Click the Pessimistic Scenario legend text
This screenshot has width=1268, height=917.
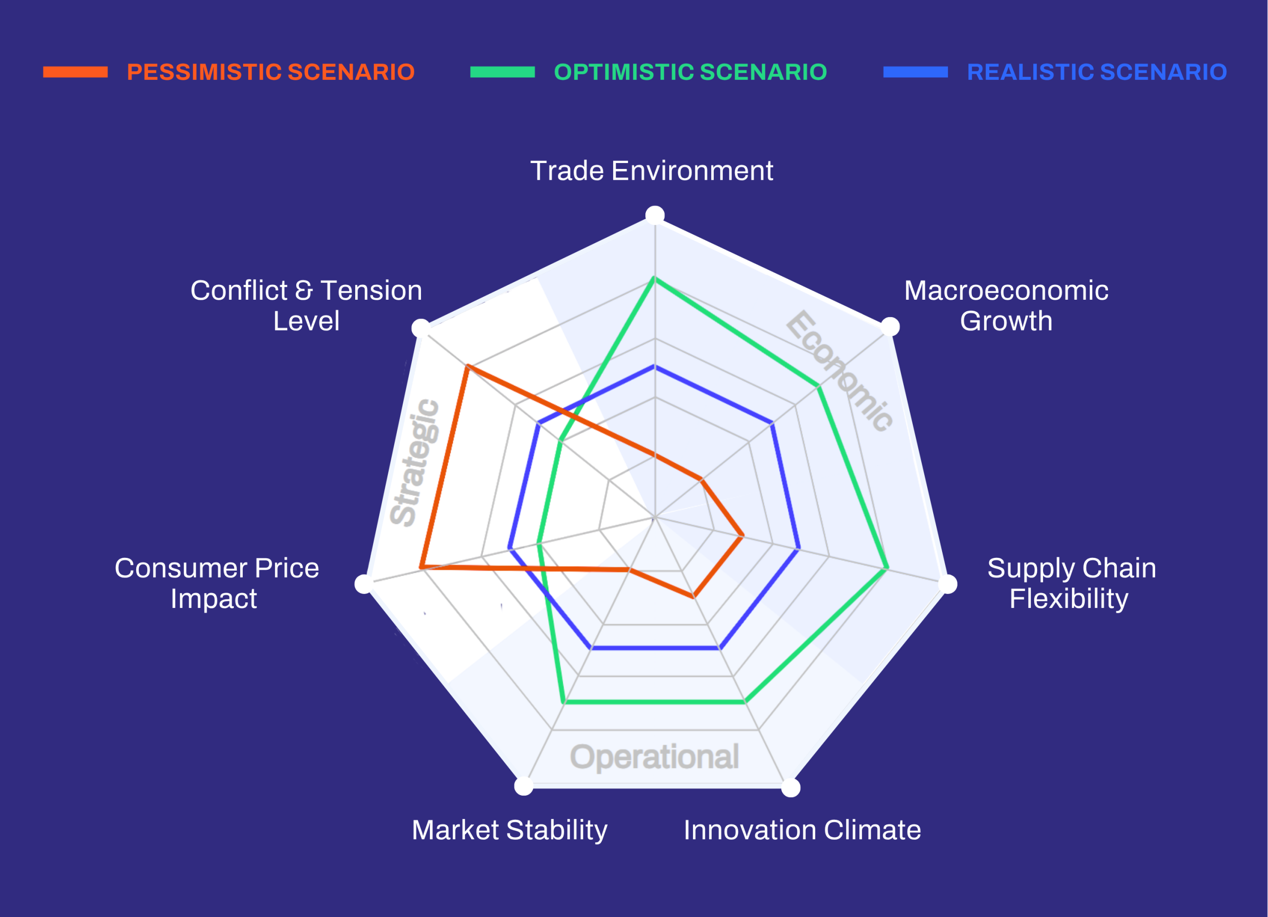270,72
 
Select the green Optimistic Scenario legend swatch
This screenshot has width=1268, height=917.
503,72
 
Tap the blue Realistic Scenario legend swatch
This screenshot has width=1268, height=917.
915,72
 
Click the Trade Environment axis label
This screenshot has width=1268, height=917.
652,170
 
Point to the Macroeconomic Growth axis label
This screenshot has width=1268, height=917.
1006,305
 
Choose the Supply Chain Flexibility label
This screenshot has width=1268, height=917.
1072,583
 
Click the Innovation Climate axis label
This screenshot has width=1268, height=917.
802,830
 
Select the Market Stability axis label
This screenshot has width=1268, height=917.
509,830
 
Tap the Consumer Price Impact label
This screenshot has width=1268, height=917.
217,583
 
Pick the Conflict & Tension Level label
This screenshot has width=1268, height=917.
307,305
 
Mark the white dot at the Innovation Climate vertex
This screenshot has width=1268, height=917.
791,788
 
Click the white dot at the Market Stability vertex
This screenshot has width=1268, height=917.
524,786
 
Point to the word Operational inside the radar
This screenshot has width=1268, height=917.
654,757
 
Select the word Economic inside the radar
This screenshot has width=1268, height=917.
839,371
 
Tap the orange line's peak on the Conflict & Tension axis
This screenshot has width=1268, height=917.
468,366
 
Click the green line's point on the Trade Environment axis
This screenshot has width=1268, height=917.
655,278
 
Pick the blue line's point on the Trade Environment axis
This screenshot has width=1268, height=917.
655,366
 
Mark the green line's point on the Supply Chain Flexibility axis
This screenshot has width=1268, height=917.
887,569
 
